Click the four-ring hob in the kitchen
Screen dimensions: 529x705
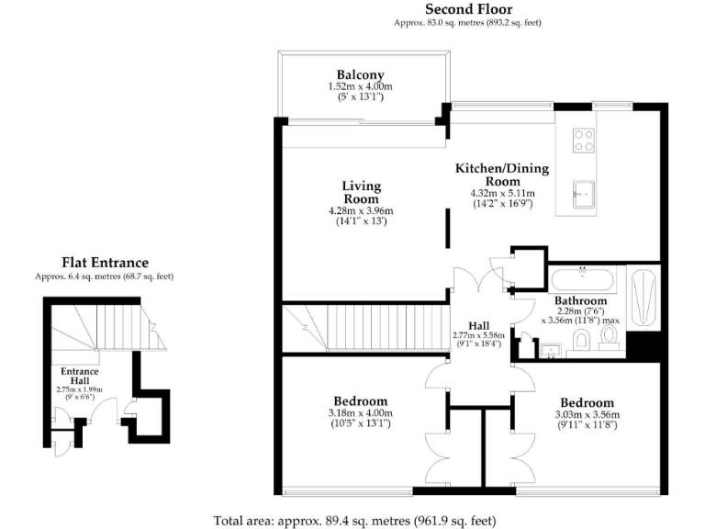point(583,141)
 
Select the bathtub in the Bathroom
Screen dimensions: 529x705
point(587,279)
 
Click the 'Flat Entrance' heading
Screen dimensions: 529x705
point(105,263)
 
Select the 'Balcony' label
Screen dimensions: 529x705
point(360,74)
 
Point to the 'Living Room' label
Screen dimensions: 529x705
point(361,193)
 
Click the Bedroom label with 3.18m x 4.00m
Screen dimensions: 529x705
point(360,401)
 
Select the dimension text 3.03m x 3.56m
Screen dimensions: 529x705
point(587,414)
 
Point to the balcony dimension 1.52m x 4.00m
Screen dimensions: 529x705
point(360,86)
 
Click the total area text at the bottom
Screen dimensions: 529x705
point(354,520)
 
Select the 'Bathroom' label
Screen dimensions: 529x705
point(580,300)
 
